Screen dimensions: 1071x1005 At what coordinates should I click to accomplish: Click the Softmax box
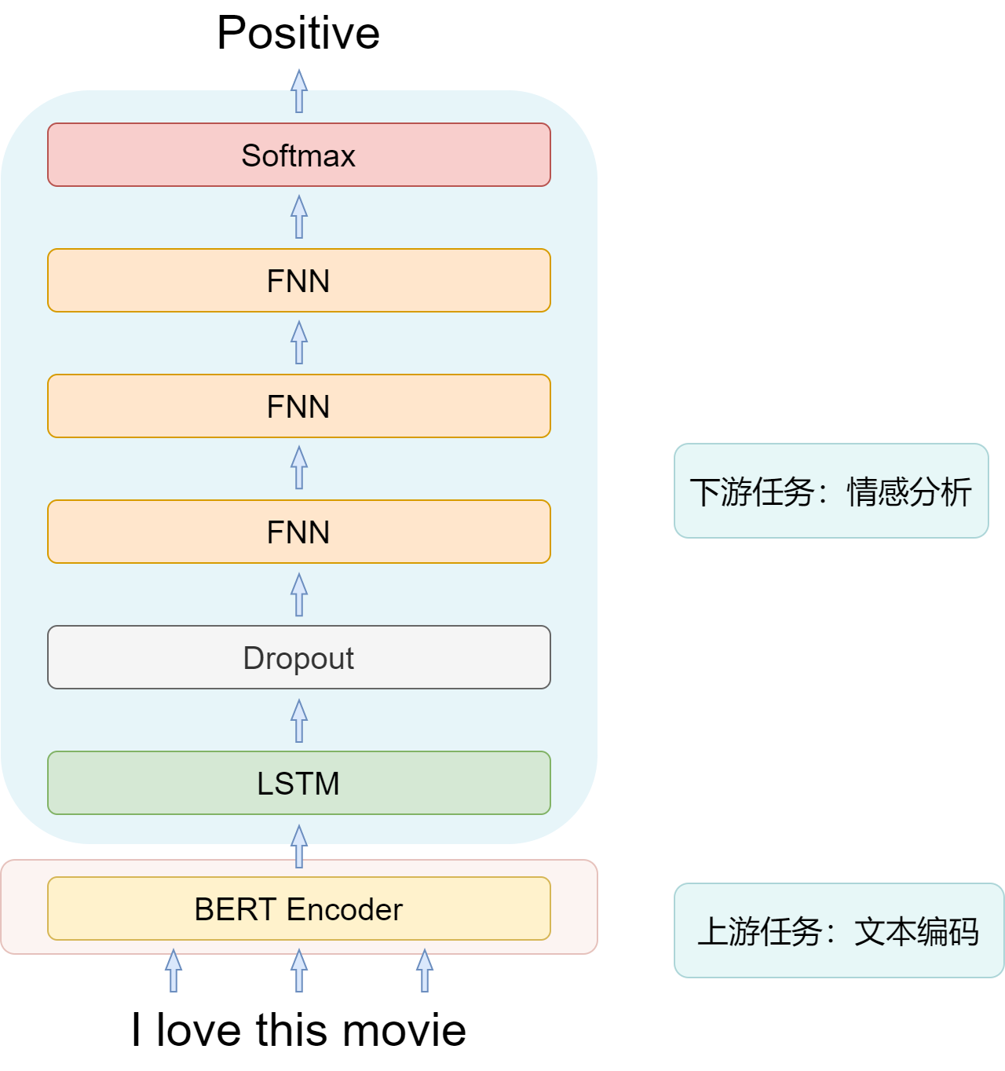pyautogui.click(x=298, y=155)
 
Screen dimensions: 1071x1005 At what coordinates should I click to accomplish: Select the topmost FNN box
pyautogui.click(x=298, y=280)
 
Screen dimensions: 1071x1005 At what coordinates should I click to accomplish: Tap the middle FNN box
pyautogui.click(x=298, y=406)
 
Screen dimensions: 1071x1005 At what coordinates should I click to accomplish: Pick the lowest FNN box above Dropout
pyautogui.click(x=298, y=532)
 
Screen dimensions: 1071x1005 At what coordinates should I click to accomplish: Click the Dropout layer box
pyautogui.click(x=298, y=657)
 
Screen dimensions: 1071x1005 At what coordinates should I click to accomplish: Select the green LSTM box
pyautogui.click(x=298, y=783)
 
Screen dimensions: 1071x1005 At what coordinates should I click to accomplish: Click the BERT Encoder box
pyautogui.click(x=298, y=908)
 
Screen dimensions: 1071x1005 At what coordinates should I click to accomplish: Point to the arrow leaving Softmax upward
pyautogui.click(x=298, y=90)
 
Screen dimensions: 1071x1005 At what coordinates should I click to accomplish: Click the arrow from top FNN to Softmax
pyautogui.click(x=298, y=217)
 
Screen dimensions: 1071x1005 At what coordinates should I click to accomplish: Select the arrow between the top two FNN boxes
pyautogui.click(x=298, y=342)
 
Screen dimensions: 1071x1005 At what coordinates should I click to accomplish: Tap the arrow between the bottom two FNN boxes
pyautogui.click(x=298, y=468)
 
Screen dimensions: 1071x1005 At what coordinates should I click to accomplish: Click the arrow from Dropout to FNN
pyautogui.click(x=298, y=594)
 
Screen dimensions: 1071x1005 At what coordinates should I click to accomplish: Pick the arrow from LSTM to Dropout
pyautogui.click(x=298, y=721)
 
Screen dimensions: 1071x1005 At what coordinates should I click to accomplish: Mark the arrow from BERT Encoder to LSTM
pyautogui.click(x=298, y=846)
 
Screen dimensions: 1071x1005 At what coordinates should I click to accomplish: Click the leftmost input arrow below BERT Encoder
pyautogui.click(x=174, y=970)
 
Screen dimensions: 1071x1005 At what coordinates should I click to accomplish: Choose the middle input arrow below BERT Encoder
pyautogui.click(x=298, y=970)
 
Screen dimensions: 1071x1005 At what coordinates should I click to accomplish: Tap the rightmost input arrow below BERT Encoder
pyautogui.click(x=424, y=970)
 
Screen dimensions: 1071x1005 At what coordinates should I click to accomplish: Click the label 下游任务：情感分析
pyautogui.click(x=831, y=492)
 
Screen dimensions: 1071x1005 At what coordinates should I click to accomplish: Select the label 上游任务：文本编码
pyautogui.click(x=839, y=931)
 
